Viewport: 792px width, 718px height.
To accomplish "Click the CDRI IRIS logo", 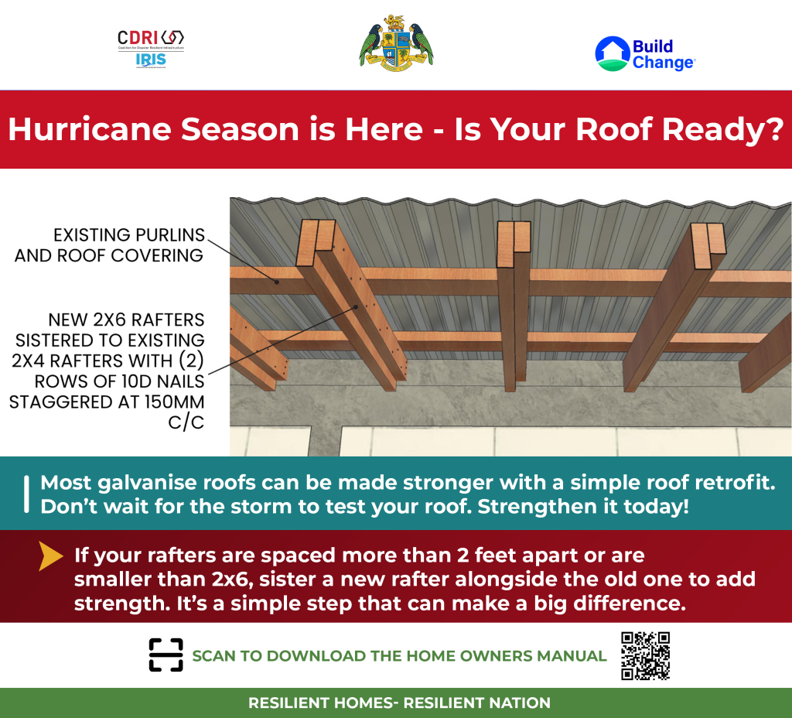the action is coord(151,49).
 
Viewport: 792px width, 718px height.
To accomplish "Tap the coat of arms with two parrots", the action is coord(396,43).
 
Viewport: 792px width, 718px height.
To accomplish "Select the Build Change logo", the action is coord(645,53).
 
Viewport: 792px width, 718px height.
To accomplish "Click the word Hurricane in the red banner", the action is coord(90,129).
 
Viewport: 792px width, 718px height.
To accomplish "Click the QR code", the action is coord(646,656).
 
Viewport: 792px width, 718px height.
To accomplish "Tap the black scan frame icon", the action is coord(166,655).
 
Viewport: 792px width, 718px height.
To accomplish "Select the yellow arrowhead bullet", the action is coord(51,556).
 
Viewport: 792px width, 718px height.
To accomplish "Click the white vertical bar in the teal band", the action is coord(26,494).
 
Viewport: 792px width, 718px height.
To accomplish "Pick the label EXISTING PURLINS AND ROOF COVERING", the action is coord(109,245).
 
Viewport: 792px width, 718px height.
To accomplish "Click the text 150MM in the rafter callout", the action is coord(174,402).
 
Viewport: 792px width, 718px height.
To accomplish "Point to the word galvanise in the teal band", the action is coord(146,483).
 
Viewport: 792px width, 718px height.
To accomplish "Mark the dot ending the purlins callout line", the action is coord(277,282).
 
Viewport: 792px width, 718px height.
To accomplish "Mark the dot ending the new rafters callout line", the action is coord(356,306).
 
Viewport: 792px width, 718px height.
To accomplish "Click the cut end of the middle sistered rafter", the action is coord(514,244).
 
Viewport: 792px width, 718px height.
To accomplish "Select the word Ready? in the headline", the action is coord(723,130).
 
